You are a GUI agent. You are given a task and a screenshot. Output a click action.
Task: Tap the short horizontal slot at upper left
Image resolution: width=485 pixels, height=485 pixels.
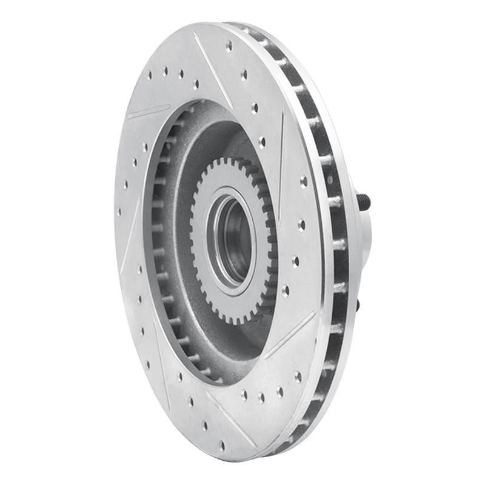pyautogui.click(x=149, y=112)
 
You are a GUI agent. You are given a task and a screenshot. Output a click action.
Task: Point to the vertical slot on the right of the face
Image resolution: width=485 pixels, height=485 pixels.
pyautogui.click(x=281, y=152)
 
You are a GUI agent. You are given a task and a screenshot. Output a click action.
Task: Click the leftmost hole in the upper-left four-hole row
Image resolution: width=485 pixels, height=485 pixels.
pyautogui.click(x=149, y=76)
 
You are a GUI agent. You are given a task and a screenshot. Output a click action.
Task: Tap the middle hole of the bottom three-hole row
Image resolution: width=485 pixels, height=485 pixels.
pyautogui.click(x=261, y=397)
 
